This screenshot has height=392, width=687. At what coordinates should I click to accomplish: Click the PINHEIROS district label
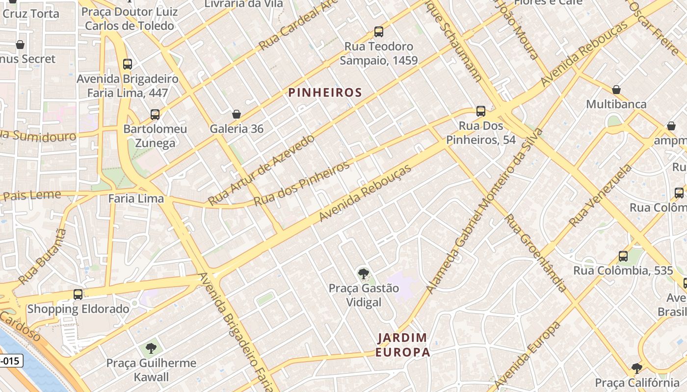(325, 93)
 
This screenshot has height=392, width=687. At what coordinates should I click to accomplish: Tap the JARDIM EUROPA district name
(402, 345)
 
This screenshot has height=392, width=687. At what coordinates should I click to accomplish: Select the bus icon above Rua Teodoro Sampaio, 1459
(378, 32)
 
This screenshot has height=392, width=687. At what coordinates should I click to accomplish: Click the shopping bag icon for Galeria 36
(237, 114)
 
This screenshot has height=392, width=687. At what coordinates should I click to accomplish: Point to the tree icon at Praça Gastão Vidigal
(363, 273)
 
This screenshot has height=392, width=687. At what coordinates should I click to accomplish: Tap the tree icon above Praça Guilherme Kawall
(151, 348)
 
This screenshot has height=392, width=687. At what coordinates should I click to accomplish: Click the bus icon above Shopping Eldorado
(78, 294)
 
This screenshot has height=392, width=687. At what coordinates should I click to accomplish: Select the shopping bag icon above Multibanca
(616, 90)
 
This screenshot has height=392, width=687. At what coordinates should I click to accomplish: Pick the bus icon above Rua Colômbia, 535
(623, 256)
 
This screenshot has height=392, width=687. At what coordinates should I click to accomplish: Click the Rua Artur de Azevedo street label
(261, 170)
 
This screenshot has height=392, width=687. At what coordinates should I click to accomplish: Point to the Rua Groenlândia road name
(536, 253)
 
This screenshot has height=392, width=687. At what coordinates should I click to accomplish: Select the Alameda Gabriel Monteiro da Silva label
(484, 211)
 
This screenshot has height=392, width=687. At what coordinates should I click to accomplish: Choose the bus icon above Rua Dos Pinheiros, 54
(481, 111)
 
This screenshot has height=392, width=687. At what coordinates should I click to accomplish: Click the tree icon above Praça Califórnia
(636, 368)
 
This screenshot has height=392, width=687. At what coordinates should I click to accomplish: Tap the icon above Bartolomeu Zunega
(155, 115)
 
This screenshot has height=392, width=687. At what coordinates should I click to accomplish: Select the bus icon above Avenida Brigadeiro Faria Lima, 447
(128, 64)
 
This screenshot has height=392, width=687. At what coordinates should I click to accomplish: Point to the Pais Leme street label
(32, 196)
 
